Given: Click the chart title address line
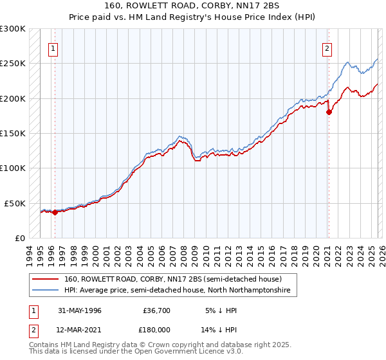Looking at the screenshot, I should tap(193, 6).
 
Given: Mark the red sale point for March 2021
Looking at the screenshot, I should tap(329, 112).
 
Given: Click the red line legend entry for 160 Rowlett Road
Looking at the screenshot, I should tap(172, 279).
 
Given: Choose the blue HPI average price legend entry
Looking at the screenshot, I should tap(177, 291).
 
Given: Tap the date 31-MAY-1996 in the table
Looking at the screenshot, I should tap(80, 310).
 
